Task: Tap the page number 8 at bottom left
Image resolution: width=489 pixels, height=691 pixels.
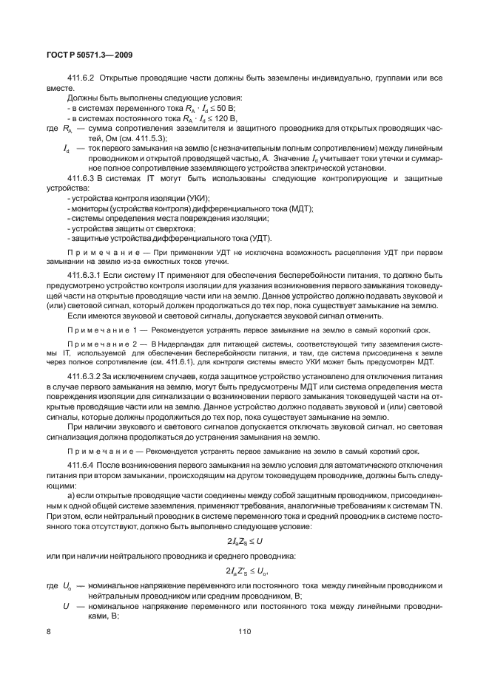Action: pos(48,633)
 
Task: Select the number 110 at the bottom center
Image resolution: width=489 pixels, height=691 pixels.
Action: pos(245,633)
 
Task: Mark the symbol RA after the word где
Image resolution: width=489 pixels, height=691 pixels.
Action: pos(67,128)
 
